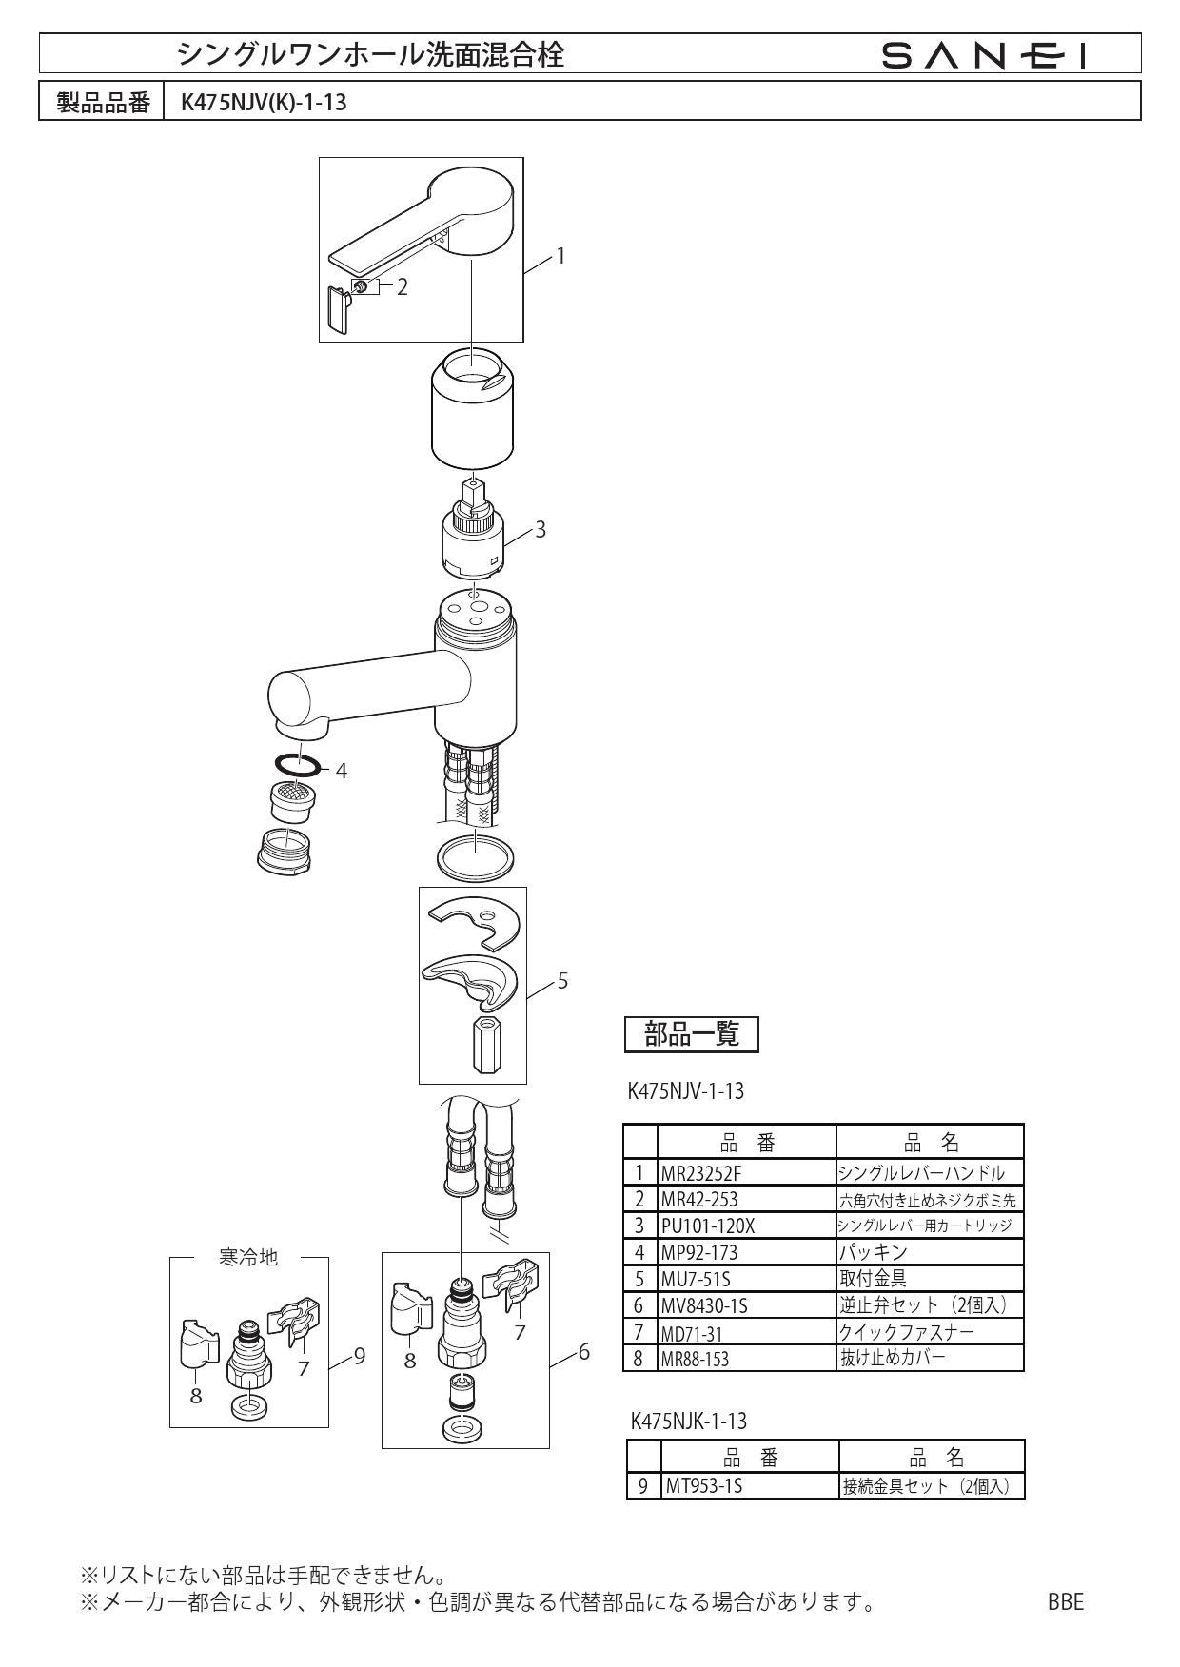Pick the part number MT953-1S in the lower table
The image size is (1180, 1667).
pos(703,1485)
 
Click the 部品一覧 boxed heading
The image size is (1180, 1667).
pos(691,1034)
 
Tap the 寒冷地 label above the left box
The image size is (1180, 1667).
pos(248,1257)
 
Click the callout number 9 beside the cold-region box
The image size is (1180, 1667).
pos(359,1357)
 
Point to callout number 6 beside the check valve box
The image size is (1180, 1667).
pos(584,1350)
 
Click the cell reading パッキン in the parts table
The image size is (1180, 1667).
pos(873,1252)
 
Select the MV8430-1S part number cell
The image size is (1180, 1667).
pos(703,1306)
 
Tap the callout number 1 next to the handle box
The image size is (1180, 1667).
pos(561,255)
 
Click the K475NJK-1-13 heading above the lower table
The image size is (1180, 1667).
pos(689,1422)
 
